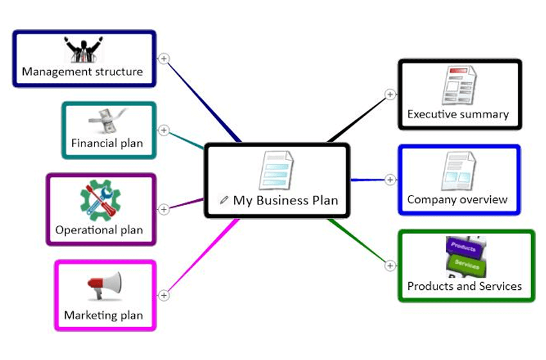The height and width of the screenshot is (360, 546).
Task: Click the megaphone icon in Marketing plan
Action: pyautogui.click(x=104, y=285)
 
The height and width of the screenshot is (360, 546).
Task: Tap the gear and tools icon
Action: pyautogui.click(x=100, y=198)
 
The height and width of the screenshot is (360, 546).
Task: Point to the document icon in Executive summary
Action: pyautogui.click(x=459, y=84)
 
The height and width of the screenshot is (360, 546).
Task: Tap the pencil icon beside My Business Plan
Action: pyautogui.click(x=224, y=200)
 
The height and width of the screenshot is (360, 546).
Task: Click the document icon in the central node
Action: pyautogui.click(x=276, y=170)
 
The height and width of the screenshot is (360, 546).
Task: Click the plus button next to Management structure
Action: pyautogui.click(x=164, y=59)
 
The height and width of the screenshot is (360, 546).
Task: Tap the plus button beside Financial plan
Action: pyautogui.click(x=164, y=130)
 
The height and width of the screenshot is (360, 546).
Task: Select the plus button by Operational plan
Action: pyautogui.click(x=164, y=209)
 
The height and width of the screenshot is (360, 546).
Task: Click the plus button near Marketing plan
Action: pyautogui.click(x=164, y=295)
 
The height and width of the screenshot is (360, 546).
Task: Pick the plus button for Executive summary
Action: pyautogui.click(x=390, y=94)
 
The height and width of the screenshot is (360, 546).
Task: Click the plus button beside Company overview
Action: pyautogui.click(x=390, y=180)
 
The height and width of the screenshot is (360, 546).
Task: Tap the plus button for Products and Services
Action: pyautogui.click(x=390, y=265)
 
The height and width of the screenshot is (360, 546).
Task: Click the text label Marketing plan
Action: pyautogui.click(x=103, y=316)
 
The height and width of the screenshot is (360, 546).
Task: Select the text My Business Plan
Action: pyautogui.click(x=285, y=200)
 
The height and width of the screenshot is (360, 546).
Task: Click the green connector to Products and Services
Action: pyautogui.click(x=360, y=242)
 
